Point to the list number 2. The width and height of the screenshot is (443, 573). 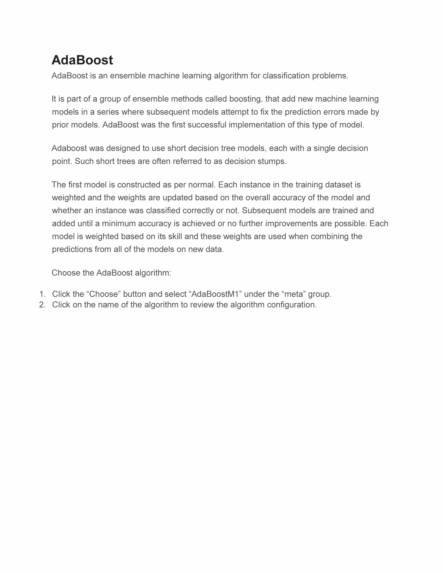[x=42, y=305]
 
